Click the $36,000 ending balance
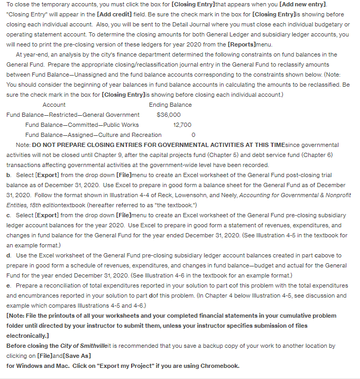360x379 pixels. point(169,115)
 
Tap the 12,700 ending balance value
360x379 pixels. point(182,125)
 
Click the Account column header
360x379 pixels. point(54,105)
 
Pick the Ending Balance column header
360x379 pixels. point(170,105)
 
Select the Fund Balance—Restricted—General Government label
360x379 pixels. point(73,115)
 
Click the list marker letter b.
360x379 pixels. point(8,175)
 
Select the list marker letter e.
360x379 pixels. point(8,285)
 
